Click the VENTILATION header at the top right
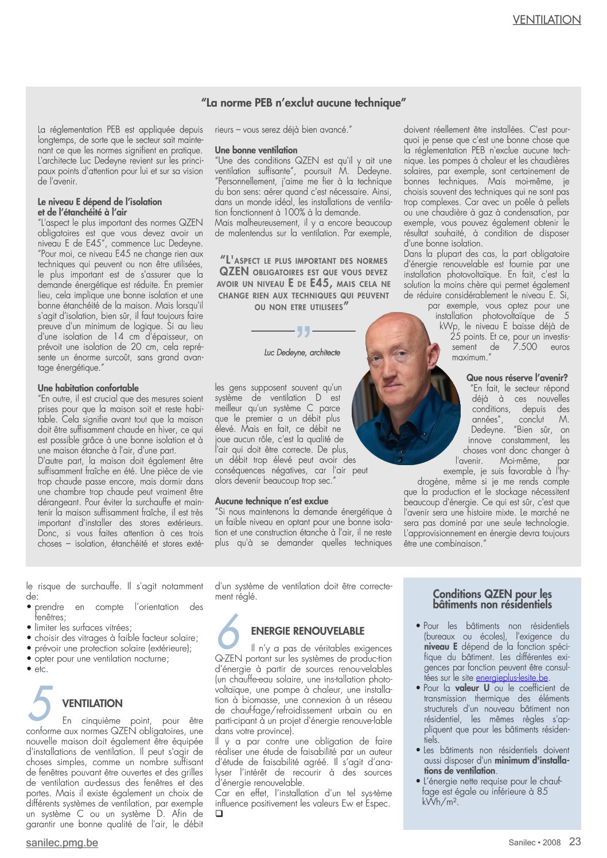[x=546, y=19]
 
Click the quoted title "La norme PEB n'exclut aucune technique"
[x=303, y=103]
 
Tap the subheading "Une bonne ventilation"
[x=256, y=150]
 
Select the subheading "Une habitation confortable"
[x=88, y=388]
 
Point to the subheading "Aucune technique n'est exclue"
[x=271, y=501]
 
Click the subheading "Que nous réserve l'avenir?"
[x=516, y=378]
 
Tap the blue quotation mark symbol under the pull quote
[x=303, y=331]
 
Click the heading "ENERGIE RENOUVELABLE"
[x=308, y=631]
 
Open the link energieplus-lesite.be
[x=512, y=678]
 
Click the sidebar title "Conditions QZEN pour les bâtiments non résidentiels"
[x=492, y=599]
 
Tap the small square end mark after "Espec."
[x=219, y=814]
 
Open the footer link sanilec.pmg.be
[x=62, y=843]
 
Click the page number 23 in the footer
[x=575, y=841]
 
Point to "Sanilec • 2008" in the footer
[x=534, y=843]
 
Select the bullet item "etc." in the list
[x=41, y=669]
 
